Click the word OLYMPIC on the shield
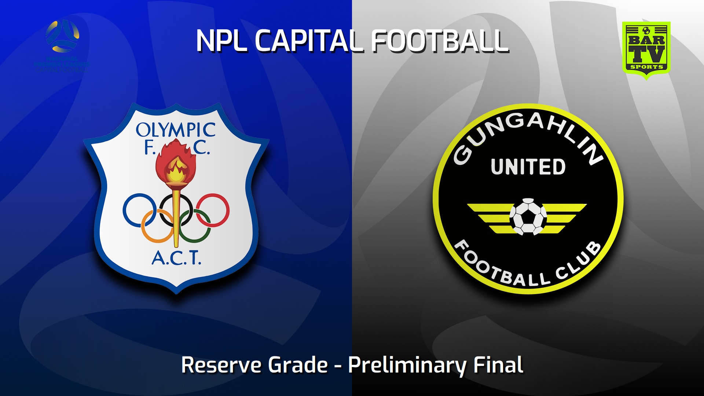click(x=176, y=130)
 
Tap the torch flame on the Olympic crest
click(x=176, y=161)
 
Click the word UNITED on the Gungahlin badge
click(x=528, y=167)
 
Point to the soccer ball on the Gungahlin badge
click(x=528, y=216)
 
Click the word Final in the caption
click(x=498, y=365)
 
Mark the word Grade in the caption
click(x=298, y=365)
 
